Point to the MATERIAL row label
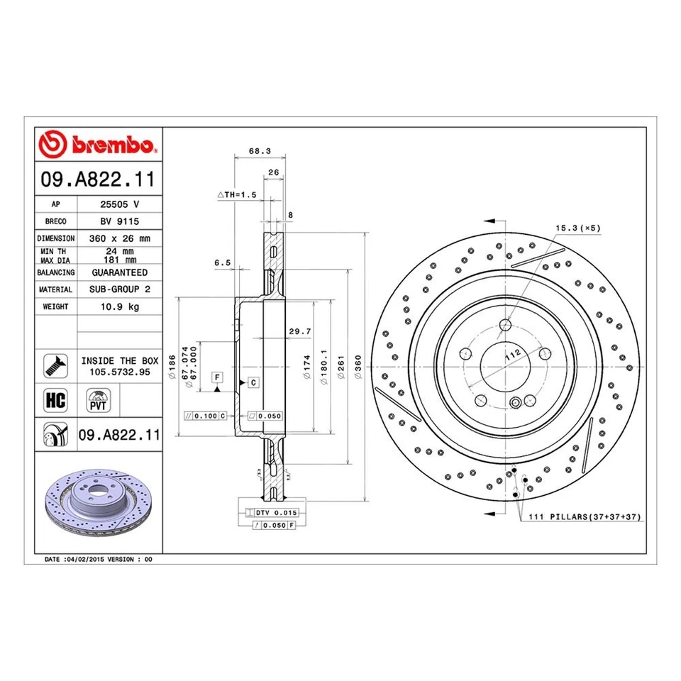pos(55,289)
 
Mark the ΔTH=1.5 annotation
pos(236,194)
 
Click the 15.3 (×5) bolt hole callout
pos(578,228)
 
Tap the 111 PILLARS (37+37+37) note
pos(584,518)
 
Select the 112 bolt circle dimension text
pos(513,354)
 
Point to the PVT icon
pos(96,399)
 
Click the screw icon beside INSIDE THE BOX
pos(55,365)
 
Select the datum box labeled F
pos(216,376)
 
